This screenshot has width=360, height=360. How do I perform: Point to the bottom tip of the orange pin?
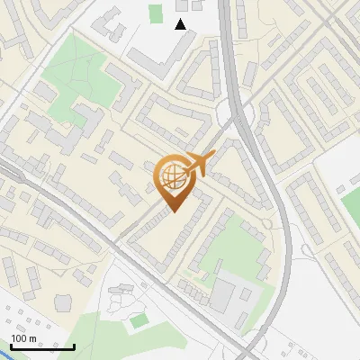[x=174, y=211]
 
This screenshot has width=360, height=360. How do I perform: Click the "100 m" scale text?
[x=23, y=338]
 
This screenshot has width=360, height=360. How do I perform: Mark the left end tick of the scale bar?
[x=10, y=346]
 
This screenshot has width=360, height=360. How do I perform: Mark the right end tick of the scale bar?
[x=74, y=346]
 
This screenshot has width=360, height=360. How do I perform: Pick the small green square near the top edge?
[x=156, y=13]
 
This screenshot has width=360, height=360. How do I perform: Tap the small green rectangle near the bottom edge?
[x=138, y=320]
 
